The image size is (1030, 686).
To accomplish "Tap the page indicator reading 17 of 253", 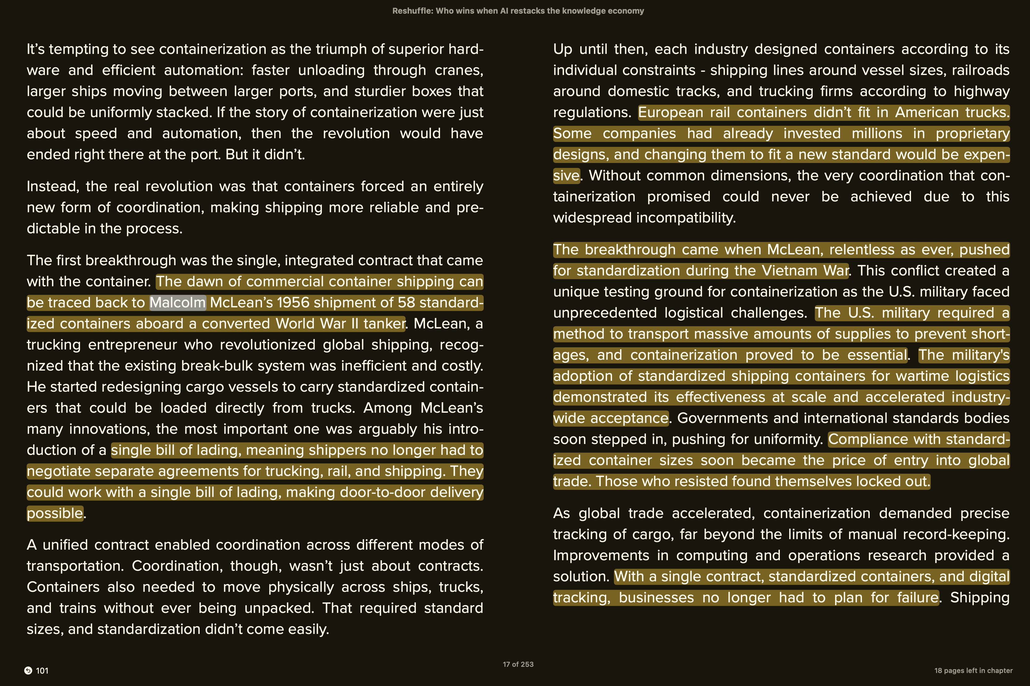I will point(518,664).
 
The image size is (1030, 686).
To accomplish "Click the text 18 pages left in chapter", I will point(973,671).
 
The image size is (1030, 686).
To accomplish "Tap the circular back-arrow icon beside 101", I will point(28,671).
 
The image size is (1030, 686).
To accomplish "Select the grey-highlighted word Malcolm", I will point(177,303).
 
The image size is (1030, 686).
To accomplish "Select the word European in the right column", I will point(671,113).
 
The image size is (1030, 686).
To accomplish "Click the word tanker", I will point(384,324).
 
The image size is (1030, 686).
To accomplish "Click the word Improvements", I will point(601,556).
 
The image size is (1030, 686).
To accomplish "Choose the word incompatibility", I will point(686,218).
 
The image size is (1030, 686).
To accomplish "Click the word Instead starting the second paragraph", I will point(52,187).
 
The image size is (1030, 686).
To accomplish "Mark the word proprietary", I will point(972,134).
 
